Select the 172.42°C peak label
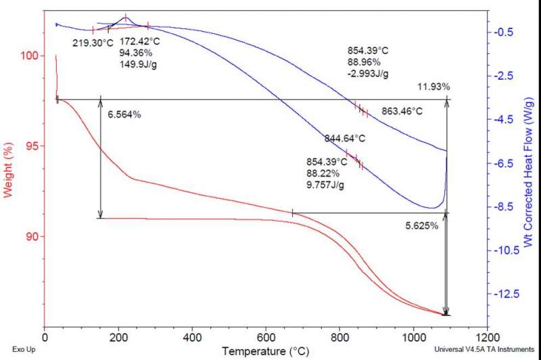pos(140,41)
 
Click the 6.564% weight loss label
pos(124,114)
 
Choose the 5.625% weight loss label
pos(421,226)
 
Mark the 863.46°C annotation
pos(402,110)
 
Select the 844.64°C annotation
pos(345,139)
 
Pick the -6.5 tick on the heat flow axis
pos(507,163)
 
